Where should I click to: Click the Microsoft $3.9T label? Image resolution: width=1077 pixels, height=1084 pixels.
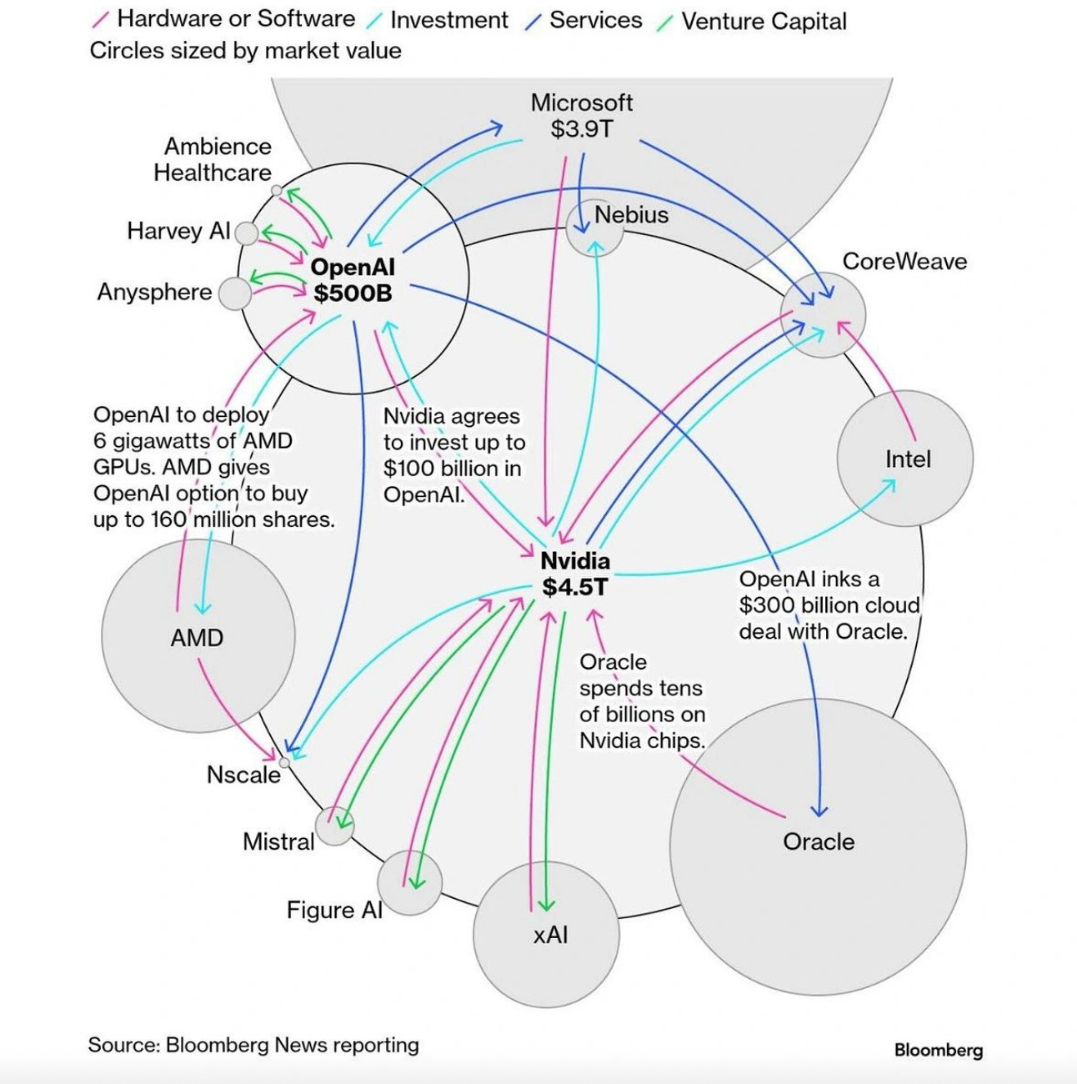pyautogui.click(x=582, y=116)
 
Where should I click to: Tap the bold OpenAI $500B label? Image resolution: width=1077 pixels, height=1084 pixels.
pyautogui.click(x=353, y=280)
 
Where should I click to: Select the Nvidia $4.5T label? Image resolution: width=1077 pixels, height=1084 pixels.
pyautogui.click(x=575, y=574)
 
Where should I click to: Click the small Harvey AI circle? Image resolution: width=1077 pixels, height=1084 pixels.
pyautogui.click(x=247, y=233)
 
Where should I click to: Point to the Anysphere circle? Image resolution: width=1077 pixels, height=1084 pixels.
pyautogui.click(x=234, y=294)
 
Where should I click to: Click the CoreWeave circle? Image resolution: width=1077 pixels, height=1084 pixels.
pyautogui.click(x=824, y=315)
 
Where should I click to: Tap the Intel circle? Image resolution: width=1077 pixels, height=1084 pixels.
pyautogui.click(x=905, y=458)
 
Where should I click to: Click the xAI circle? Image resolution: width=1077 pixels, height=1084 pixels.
pyautogui.click(x=546, y=935)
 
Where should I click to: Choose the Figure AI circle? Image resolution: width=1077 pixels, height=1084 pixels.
pyautogui.click(x=409, y=882)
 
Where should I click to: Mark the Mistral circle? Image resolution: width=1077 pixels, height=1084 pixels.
pyautogui.click(x=335, y=827)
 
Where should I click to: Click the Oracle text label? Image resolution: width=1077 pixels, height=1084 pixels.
pyautogui.click(x=819, y=841)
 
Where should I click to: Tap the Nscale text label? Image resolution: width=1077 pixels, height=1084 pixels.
pyautogui.click(x=243, y=775)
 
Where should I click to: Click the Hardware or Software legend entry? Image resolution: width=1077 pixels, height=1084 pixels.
pyautogui.click(x=225, y=19)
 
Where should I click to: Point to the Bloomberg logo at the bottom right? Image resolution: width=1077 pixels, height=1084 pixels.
pyautogui.click(x=938, y=1050)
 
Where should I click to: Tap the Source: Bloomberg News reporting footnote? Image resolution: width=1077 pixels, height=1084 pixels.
pyautogui.click(x=253, y=1045)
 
